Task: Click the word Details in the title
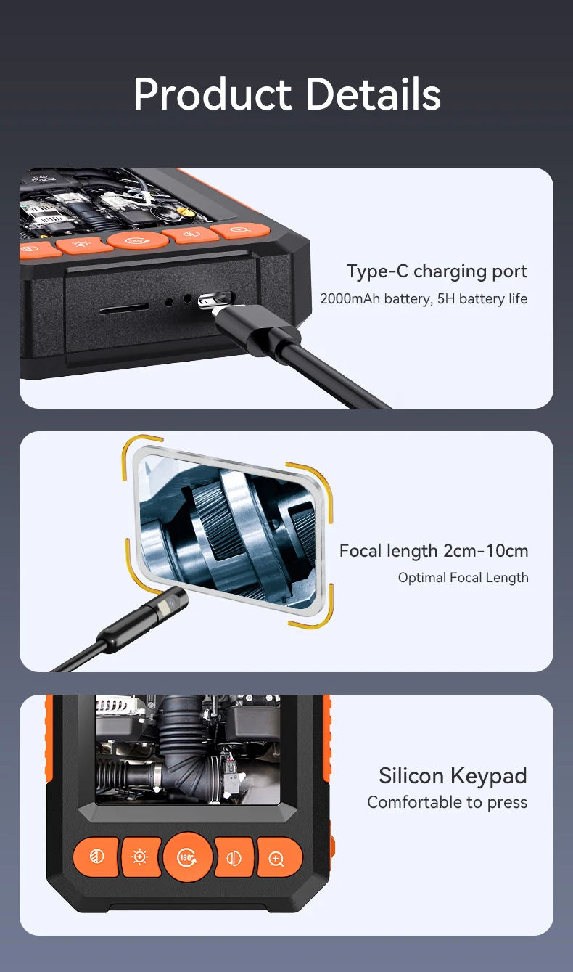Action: pyautogui.click(x=372, y=94)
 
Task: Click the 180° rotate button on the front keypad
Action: pyautogui.click(x=187, y=857)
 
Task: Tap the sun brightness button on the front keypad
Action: pyautogui.click(x=140, y=857)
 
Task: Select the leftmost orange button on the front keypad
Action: pyautogui.click(x=96, y=857)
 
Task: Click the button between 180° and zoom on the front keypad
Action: pyautogui.click(x=234, y=857)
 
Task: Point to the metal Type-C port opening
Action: pyautogui.click(x=215, y=299)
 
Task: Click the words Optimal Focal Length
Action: pyautogui.click(x=463, y=578)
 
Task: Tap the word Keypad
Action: pyautogui.click(x=488, y=776)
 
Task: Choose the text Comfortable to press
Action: pyautogui.click(x=447, y=803)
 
